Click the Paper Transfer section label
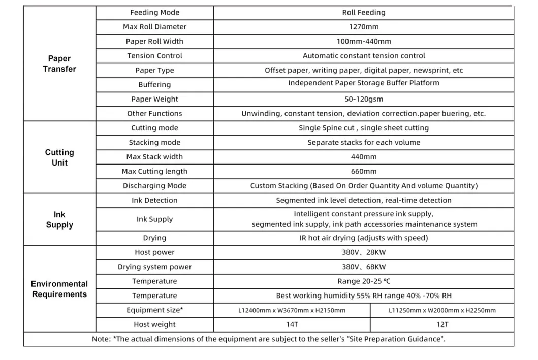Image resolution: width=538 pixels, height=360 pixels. (59, 64)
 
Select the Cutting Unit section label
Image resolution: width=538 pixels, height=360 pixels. (59, 157)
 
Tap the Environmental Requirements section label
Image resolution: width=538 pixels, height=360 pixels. (59, 289)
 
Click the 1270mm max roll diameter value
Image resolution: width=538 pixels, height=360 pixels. (363, 27)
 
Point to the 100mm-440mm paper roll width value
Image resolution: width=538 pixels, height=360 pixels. (363, 41)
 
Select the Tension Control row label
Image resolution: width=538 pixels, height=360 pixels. (154, 56)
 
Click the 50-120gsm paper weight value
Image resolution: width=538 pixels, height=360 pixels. (363, 99)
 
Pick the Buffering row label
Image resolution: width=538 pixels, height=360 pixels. (154, 85)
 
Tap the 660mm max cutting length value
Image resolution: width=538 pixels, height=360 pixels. (363, 171)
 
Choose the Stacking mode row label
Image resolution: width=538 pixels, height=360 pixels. (154, 142)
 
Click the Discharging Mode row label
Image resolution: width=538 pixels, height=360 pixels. (154, 186)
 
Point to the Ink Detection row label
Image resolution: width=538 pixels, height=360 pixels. (154, 200)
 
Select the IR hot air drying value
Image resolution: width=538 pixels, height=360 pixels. (363, 238)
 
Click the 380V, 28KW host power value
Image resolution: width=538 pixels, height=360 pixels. (363, 252)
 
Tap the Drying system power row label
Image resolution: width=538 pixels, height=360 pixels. (154, 267)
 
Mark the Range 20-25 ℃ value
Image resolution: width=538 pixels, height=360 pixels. (363, 281)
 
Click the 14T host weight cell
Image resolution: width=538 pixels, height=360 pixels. (292, 324)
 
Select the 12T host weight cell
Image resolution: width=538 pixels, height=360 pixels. (442, 324)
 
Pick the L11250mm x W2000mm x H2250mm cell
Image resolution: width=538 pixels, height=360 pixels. (442, 310)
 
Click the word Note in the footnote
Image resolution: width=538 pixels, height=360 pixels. (101, 339)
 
